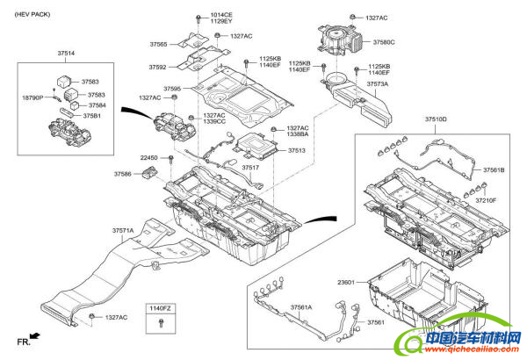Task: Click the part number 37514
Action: (x=66, y=54)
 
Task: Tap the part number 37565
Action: (x=158, y=44)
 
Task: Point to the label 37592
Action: (x=158, y=67)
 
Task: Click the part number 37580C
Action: (x=384, y=41)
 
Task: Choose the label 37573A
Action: (x=377, y=84)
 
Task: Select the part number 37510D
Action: (x=436, y=119)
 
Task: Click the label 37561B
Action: (x=494, y=169)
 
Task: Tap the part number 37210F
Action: (x=486, y=200)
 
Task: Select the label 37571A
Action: (x=122, y=231)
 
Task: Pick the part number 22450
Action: (x=148, y=158)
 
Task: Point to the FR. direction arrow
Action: (x=33, y=335)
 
